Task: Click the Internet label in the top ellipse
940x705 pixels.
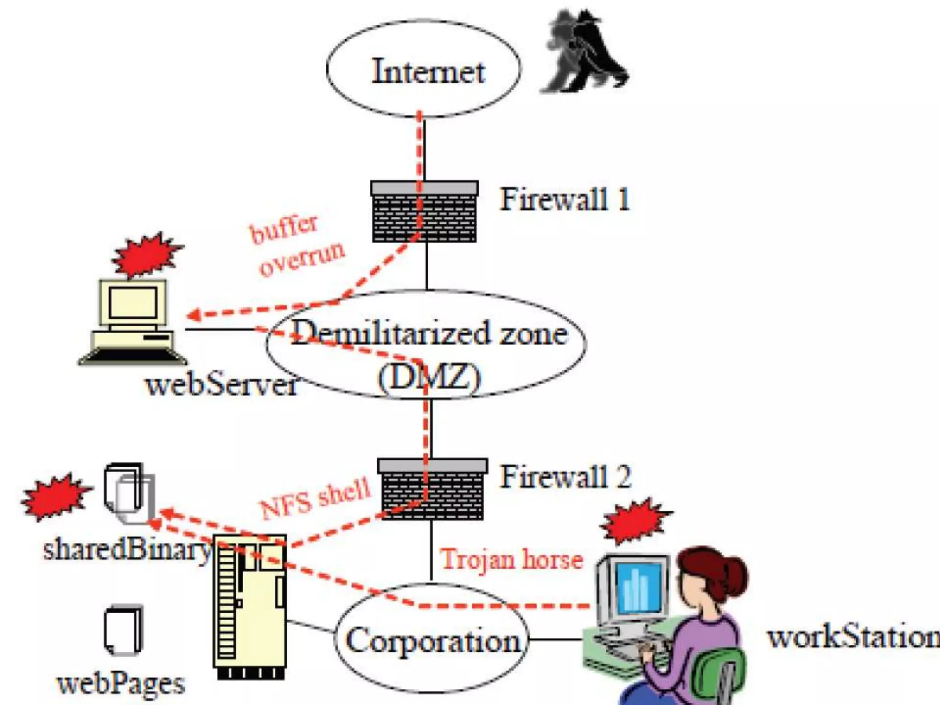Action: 428,72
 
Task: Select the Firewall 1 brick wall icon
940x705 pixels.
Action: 425,212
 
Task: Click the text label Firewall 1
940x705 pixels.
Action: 565,200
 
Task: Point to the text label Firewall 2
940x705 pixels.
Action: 565,477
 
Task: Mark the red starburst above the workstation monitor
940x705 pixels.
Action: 636,521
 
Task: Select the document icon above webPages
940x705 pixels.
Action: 123,630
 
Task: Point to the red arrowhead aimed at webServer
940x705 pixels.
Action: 193,315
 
